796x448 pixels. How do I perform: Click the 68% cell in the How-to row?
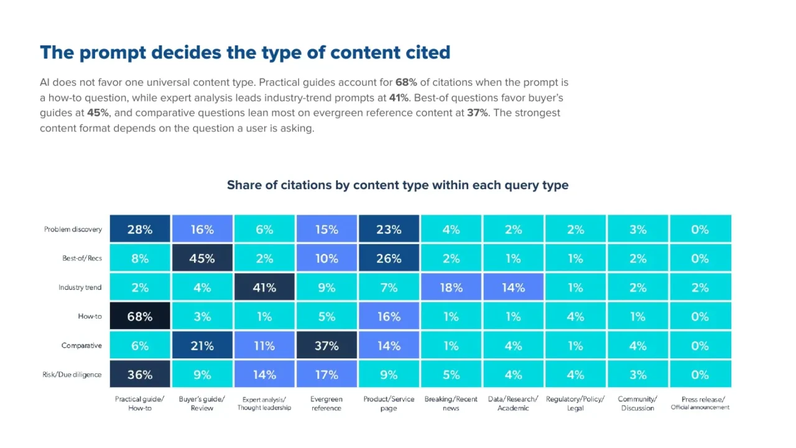(x=140, y=315)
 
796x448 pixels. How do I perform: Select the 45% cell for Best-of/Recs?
(x=202, y=258)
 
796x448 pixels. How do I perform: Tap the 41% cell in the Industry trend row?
(x=264, y=287)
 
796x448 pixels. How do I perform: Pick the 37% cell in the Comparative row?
(x=326, y=345)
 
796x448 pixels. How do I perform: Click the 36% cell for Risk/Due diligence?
(x=140, y=374)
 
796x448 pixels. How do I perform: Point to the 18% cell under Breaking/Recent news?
(x=451, y=287)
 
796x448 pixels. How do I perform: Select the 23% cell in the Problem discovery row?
(x=389, y=228)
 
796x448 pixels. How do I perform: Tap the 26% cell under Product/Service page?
(x=389, y=258)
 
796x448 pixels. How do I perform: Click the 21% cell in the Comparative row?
(x=202, y=345)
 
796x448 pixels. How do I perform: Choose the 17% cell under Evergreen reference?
(x=326, y=374)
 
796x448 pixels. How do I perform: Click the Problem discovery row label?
(x=73, y=230)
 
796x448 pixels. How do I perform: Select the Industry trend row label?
(x=80, y=287)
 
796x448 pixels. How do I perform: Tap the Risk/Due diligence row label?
(x=72, y=375)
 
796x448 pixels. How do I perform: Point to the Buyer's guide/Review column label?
(x=202, y=404)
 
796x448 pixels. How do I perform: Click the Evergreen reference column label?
(x=326, y=404)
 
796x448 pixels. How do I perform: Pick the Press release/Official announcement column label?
(x=700, y=403)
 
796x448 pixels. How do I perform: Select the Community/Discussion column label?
(x=637, y=404)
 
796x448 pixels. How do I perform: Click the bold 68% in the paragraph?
(x=406, y=83)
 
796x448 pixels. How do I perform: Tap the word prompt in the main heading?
(x=113, y=54)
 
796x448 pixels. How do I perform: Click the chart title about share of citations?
(x=397, y=185)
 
